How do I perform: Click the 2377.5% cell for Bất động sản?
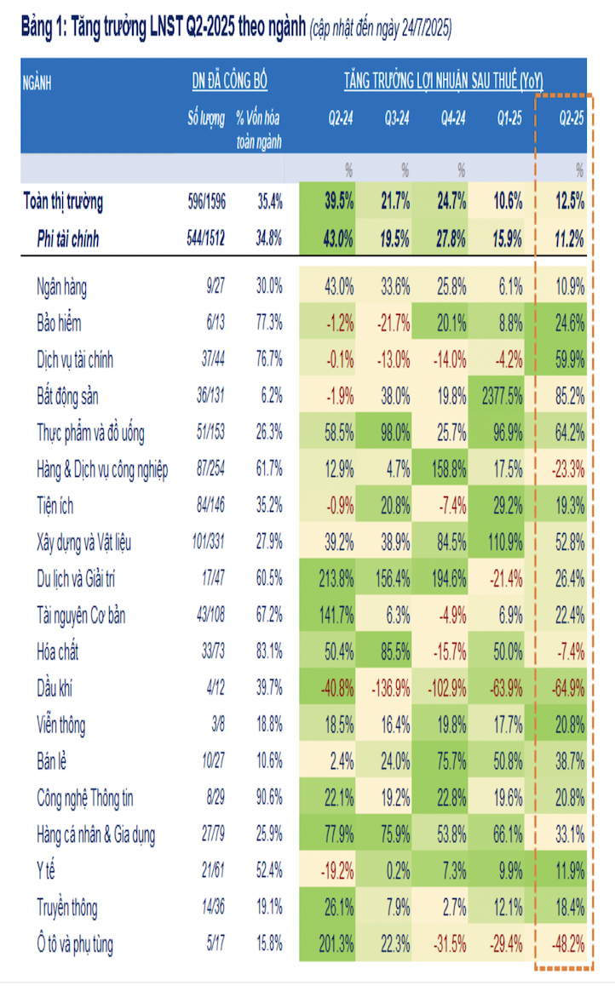[x=502, y=396]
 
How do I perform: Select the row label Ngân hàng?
[x=62, y=287]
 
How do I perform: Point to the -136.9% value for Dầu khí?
[x=389, y=688]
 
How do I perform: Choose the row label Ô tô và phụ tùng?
[x=75, y=944]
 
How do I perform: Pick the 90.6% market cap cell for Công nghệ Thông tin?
[x=268, y=799]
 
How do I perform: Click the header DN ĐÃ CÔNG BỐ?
[x=229, y=82]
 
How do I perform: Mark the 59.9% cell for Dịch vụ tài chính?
[x=566, y=359]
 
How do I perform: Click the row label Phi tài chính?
[x=67, y=239]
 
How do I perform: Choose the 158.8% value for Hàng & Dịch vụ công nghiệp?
[x=449, y=469]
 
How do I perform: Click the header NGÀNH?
[x=38, y=83]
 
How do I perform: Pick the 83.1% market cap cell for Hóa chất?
[x=268, y=652]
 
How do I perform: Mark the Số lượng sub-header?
[x=206, y=118]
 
